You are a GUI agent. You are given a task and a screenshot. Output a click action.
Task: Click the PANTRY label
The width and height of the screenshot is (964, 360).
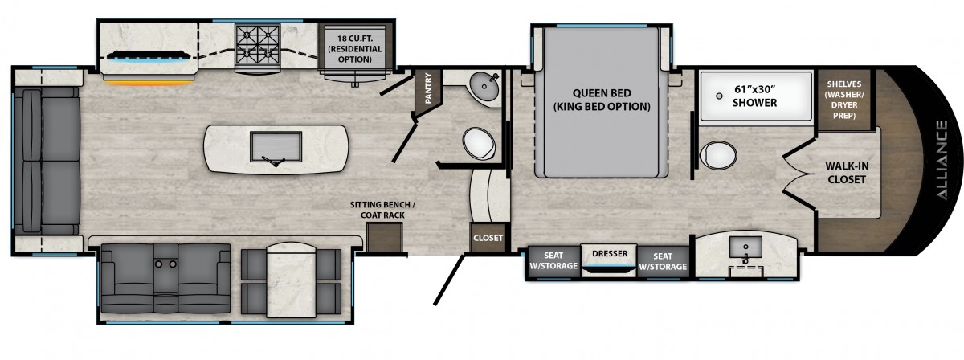[x=428, y=88]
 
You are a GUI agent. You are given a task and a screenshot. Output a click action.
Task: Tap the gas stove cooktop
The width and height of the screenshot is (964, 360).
[x=257, y=47]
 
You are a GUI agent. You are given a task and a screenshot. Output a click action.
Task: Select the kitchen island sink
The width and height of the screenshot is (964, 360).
[x=276, y=147]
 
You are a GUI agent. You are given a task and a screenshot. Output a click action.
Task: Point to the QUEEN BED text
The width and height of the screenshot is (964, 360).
[x=602, y=93]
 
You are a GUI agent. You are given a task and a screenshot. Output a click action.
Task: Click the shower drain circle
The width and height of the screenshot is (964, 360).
[x=719, y=96]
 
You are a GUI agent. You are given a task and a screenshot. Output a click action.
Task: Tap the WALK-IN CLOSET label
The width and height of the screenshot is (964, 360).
[x=847, y=172]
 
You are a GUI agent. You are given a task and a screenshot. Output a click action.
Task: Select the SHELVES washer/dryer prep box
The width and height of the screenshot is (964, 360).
[x=844, y=100]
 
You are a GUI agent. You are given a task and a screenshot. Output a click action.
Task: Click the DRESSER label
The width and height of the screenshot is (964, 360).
[x=610, y=254]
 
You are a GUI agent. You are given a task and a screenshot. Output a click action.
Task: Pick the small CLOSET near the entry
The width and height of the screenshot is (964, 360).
[x=488, y=237]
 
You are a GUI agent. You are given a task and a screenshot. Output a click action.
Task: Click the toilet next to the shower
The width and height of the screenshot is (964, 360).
[x=718, y=155]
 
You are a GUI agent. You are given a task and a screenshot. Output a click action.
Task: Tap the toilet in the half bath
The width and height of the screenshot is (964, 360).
[x=479, y=143]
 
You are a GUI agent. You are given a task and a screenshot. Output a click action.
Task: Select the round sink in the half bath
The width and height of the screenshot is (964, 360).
[x=484, y=86]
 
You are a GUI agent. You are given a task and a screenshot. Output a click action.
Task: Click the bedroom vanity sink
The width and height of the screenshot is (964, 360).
[x=745, y=249]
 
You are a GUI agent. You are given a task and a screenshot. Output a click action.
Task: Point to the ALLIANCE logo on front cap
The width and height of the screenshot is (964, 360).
[x=942, y=160]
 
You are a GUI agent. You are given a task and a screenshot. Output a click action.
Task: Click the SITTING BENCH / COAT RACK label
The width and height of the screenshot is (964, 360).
[x=382, y=210]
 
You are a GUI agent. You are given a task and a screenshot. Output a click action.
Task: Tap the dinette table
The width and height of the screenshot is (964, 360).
[x=292, y=280]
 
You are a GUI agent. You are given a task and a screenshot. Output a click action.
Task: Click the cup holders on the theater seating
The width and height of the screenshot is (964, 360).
[x=165, y=264]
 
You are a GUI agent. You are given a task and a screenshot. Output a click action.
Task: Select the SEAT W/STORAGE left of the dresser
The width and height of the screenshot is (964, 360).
[x=553, y=260]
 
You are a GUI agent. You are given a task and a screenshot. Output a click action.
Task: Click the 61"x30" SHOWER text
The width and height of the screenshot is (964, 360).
[x=755, y=96]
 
